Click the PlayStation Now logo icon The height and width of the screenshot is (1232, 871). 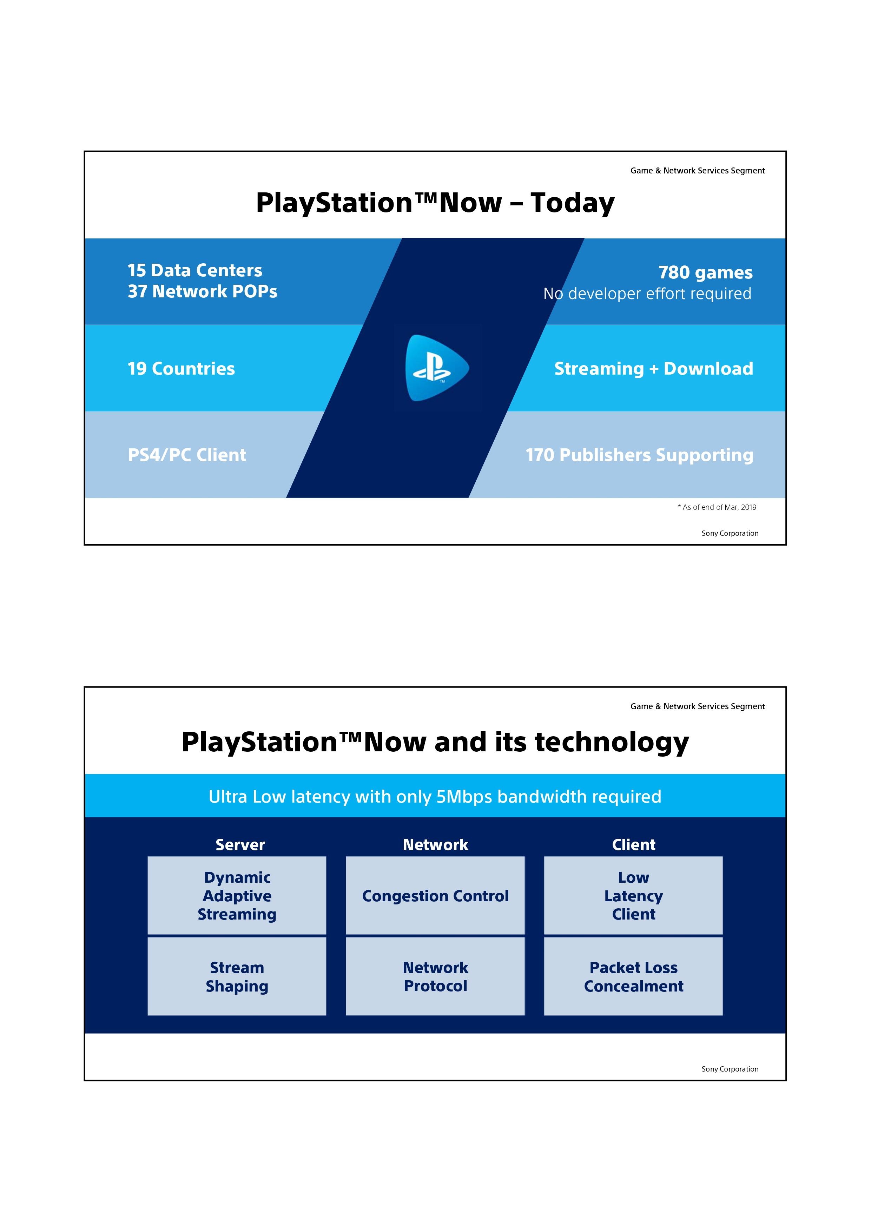click(x=437, y=368)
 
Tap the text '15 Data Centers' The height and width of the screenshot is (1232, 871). click(x=195, y=270)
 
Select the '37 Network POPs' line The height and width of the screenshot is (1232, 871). click(x=202, y=291)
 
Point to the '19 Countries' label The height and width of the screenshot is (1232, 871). click(x=182, y=369)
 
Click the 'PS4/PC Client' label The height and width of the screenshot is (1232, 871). click(x=187, y=455)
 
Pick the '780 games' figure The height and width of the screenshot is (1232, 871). click(x=706, y=272)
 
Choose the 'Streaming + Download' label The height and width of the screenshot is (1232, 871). click(x=654, y=369)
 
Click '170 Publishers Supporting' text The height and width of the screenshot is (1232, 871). click(x=639, y=455)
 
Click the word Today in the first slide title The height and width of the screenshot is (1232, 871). click(x=572, y=203)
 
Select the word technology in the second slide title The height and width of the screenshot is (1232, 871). click(x=612, y=743)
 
